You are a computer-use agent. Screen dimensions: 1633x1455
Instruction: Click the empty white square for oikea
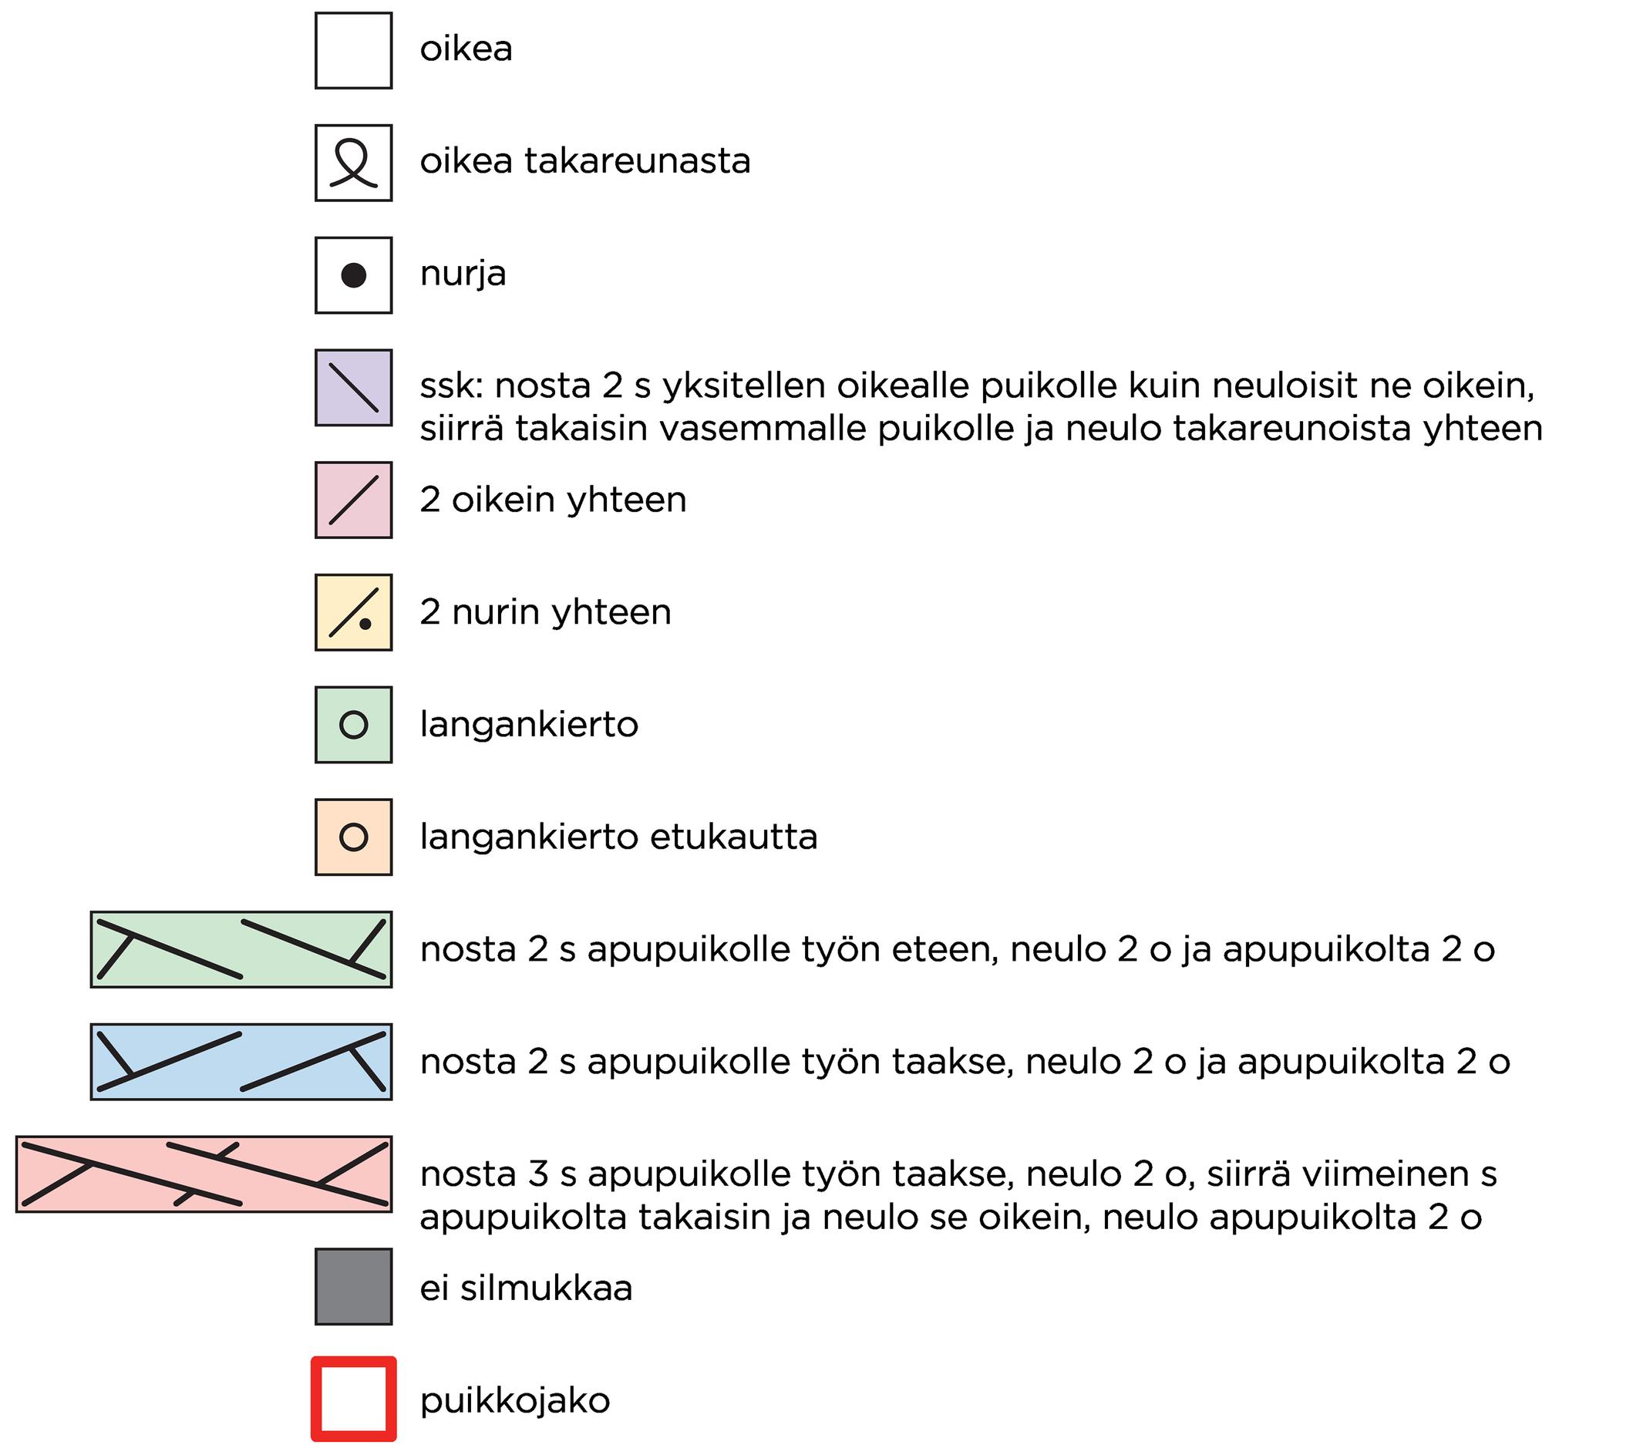[353, 50]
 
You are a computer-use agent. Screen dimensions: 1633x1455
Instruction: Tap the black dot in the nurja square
[353, 276]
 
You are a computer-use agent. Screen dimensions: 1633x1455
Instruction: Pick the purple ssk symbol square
[353, 388]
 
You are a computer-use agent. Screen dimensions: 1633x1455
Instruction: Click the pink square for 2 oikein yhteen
[353, 500]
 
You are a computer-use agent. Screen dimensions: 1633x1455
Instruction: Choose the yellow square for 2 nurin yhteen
[353, 612]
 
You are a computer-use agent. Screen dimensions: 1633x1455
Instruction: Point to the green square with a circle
[353, 725]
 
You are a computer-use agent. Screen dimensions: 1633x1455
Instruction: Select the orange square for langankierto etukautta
[353, 837]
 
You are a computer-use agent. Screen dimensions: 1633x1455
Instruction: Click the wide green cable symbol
[241, 950]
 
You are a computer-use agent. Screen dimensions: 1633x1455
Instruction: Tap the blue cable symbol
[241, 1062]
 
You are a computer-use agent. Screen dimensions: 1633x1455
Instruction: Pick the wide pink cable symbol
[204, 1174]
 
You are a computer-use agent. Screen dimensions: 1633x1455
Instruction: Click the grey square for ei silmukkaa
[353, 1287]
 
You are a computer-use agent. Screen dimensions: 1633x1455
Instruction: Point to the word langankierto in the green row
[529, 724]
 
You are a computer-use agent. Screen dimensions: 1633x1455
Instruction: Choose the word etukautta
[734, 837]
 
